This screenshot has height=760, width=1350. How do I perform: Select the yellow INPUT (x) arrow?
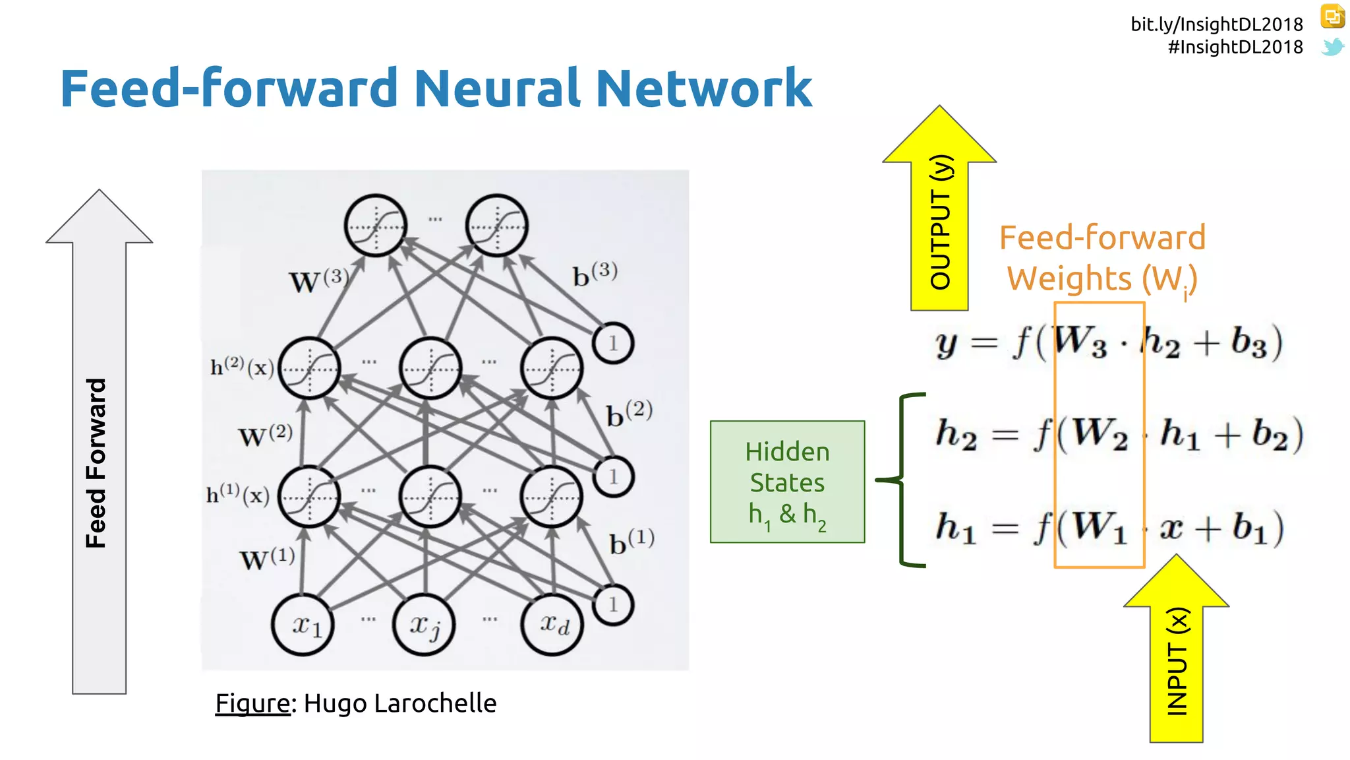(1177, 660)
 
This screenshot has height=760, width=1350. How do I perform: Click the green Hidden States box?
(787, 482)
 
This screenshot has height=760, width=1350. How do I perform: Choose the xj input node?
(424, 624)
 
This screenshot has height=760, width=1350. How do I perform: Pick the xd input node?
(552, 624)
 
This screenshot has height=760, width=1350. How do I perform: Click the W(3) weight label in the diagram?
(318, 280)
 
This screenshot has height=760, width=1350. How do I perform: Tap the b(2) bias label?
(629, 414)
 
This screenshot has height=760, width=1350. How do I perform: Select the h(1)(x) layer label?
(238, 494)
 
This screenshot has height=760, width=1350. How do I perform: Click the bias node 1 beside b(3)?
(612, 343)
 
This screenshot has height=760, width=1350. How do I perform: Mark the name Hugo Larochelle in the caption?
(399, 703)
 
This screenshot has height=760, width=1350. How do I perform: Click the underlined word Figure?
(252, 703)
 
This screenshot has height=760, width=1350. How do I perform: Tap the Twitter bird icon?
(1332, 47)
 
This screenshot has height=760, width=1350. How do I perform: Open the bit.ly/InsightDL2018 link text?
(1216, 24)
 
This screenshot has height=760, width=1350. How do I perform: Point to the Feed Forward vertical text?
(96, 462)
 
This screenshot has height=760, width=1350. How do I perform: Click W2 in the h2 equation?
(1098, 435)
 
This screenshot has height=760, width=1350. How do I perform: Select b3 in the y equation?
(1249, 343)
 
